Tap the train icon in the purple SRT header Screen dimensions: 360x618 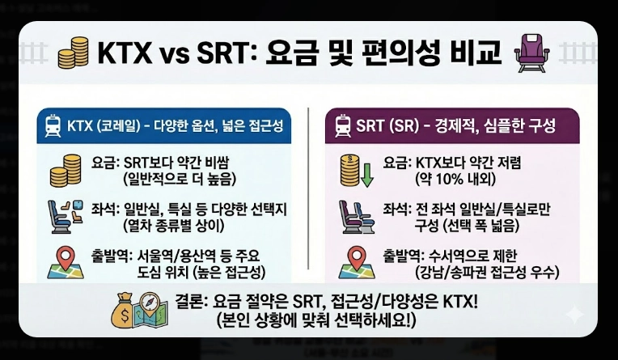342,126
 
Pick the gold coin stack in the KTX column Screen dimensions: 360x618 67,171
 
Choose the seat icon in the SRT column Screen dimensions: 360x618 354,214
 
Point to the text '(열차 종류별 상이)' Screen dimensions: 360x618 175,222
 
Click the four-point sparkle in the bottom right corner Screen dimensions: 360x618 576,315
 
